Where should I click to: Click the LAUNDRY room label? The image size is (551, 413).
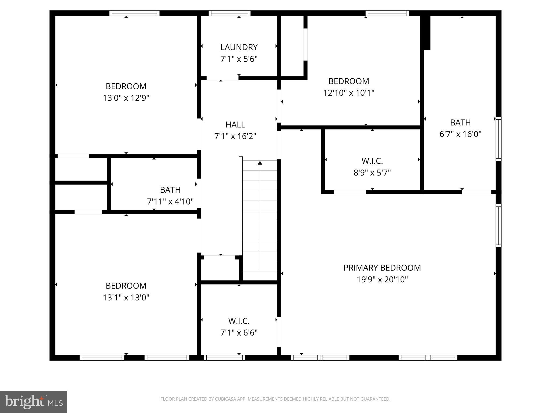click(239, 47)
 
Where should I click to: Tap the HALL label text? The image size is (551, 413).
click(235, 125)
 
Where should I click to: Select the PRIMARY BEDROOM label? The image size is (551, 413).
click(382, 268)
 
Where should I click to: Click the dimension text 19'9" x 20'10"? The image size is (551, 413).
click(382, 280)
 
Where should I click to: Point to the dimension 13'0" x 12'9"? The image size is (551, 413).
click(126, 98)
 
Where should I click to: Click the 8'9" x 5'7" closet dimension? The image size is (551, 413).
click(372, 173)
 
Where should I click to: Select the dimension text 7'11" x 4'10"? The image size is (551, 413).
click(170, 201)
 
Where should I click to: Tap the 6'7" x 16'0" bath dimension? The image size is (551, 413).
click(460, 134)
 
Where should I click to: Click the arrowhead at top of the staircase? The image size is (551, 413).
click(260, 163)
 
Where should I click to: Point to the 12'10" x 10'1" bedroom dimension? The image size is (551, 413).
click(349, 93)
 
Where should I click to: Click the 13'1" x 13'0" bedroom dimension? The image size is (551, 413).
click(126, 298)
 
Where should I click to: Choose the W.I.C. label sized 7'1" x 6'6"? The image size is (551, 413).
click(239, 321)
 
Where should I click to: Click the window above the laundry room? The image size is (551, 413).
click(229, 13)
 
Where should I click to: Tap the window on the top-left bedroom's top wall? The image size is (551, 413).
click(134, 13)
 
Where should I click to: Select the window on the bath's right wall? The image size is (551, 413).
click(499, 139)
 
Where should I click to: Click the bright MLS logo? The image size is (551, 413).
click(34, 402)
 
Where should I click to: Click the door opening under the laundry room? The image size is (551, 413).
click(222, 78)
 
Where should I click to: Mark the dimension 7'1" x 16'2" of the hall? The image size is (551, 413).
click(235, 137)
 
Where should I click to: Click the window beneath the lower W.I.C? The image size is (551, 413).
click(224, 358)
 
